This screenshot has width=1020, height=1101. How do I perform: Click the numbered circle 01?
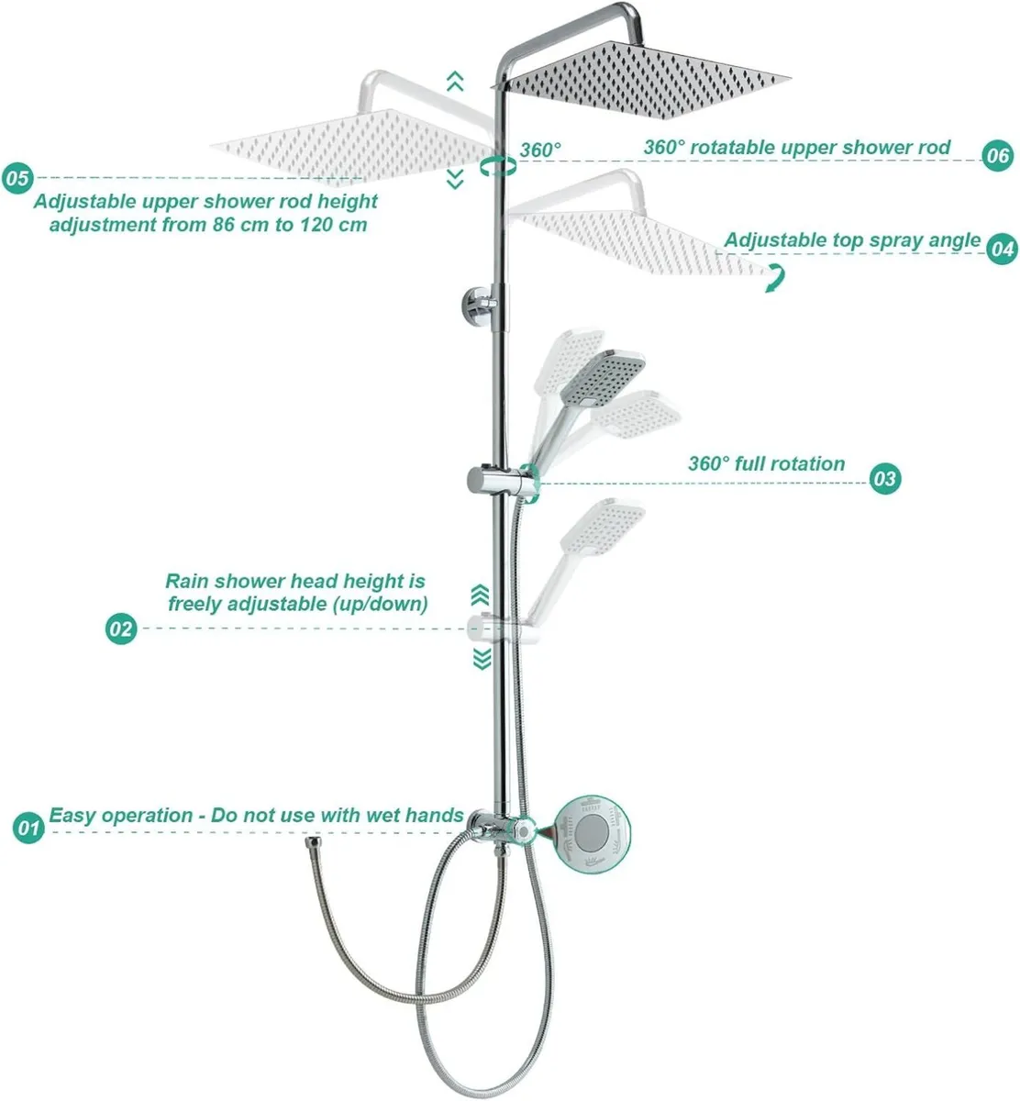[29, 828]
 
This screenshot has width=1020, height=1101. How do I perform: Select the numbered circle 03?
[884, 478]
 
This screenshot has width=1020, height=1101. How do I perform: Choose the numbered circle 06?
[997, 156]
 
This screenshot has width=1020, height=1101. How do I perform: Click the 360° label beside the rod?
[540, 150]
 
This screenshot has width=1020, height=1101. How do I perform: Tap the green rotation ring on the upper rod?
[497, 165]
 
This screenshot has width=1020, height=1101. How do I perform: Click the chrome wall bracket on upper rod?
[482, 303]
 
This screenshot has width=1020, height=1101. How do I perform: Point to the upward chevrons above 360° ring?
[454, 82]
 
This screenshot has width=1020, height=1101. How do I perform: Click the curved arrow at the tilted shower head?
[776, 279]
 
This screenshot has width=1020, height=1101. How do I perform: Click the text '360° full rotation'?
[766, 464]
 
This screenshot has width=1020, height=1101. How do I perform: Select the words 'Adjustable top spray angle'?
[852, 240]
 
